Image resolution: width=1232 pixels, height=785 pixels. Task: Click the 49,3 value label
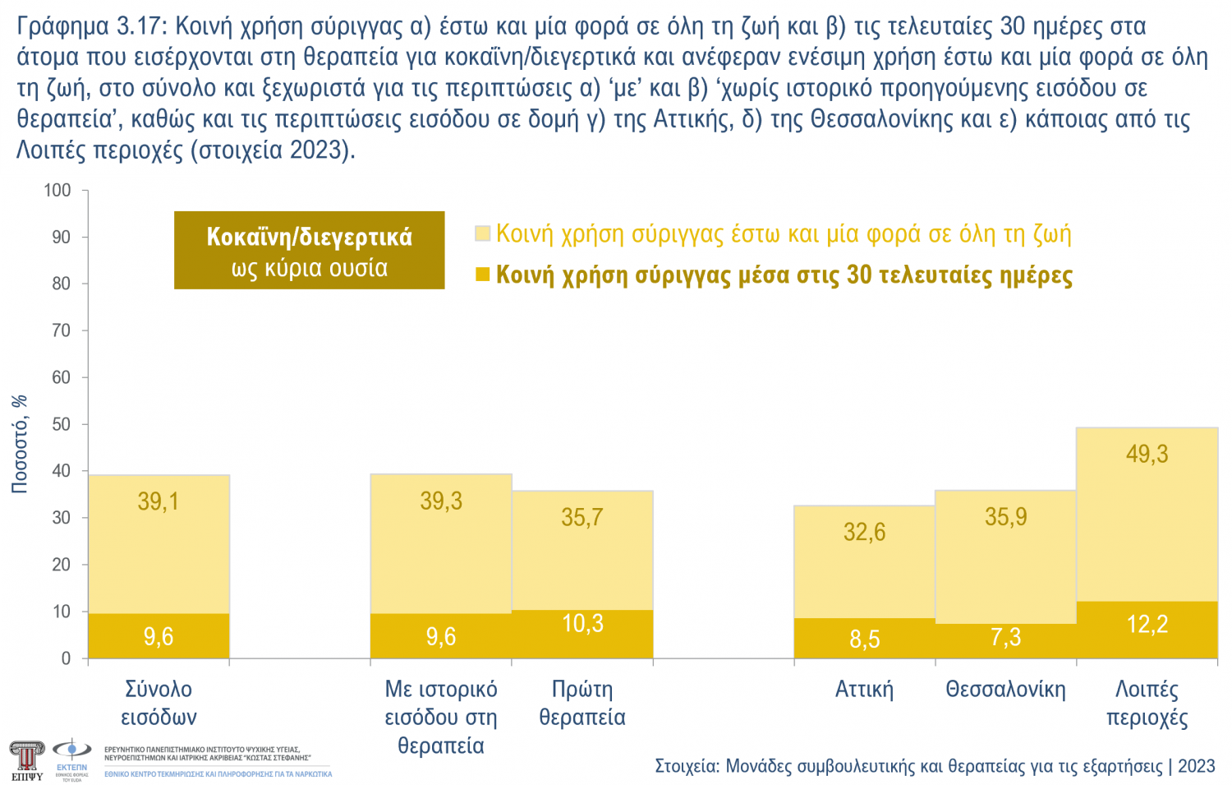[1147, 454]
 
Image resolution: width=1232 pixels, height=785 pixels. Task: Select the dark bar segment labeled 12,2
[1147, 630]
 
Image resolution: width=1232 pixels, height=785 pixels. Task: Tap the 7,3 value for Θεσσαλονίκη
[1005, 637]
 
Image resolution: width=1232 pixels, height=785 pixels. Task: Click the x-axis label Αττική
[864, 689]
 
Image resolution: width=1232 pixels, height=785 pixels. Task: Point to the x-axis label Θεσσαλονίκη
[1005, 689]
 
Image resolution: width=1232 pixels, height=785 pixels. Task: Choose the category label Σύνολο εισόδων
[159, 703]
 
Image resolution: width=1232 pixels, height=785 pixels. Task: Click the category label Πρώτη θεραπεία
[582, 703]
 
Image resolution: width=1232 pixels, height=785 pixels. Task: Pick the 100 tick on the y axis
[57, 190]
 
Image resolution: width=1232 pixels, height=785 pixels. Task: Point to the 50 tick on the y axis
[61, 424]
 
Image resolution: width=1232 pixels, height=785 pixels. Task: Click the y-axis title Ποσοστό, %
[20, 444]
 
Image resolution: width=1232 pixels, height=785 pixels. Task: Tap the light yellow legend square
[483, 233]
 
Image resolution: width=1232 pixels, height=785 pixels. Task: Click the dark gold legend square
[483, 274]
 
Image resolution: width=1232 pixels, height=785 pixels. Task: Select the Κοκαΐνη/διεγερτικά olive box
[309, 250]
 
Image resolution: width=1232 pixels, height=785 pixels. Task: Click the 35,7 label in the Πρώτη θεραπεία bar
[582, 517]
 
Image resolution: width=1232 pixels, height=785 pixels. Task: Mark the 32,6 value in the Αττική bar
[864, 532]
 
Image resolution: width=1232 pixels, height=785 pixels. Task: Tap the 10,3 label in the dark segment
[582, 624]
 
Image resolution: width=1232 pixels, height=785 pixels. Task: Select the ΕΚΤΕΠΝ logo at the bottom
[71, 758]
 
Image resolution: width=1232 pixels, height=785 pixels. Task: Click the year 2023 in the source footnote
[1196, 766]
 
